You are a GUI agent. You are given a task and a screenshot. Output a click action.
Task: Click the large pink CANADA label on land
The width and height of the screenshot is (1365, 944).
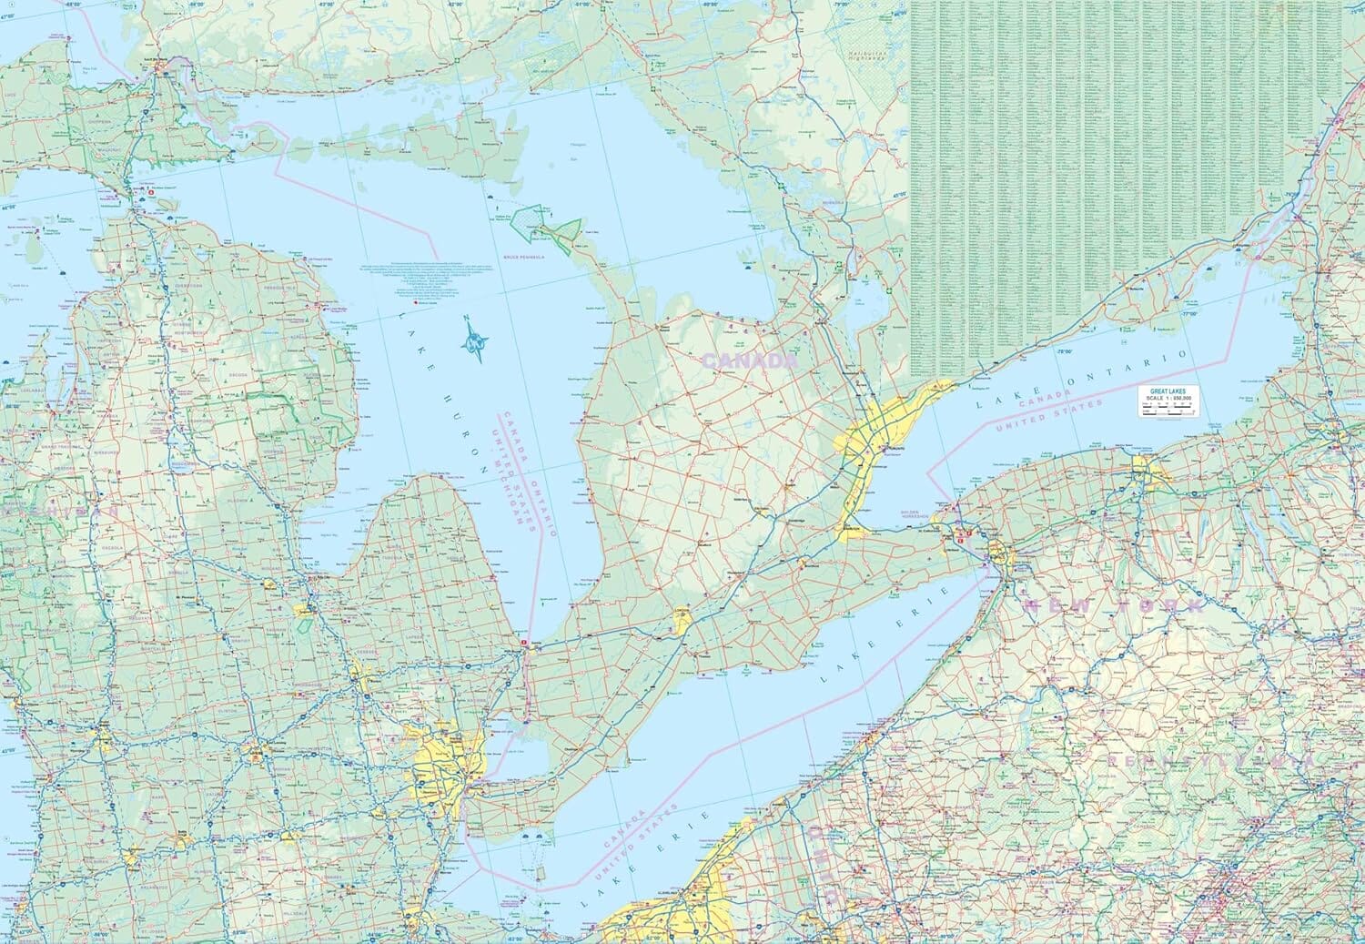click(x=749, y=361)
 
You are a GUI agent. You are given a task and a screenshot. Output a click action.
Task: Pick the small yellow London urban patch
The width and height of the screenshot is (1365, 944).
click(x=682, y=622)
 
